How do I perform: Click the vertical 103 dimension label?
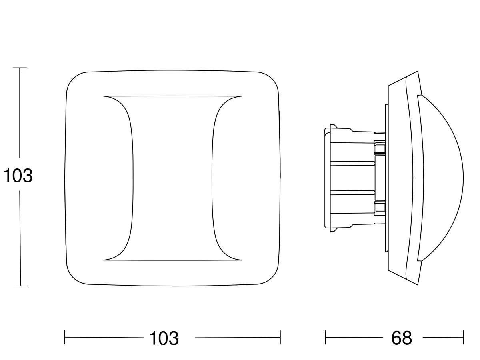(x=18, y=176)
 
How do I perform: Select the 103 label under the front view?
(x=164, y=338)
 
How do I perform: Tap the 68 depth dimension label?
(x=402, y=338)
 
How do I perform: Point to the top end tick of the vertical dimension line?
(x=20, y=68)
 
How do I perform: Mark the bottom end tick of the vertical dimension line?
(x=20, y=286)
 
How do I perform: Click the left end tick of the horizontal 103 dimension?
(x=65, y=337)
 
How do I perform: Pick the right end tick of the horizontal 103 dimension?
(x=280, y=337)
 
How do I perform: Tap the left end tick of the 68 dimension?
(x=325, y=337)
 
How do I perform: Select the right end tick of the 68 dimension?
(x=463, y=337)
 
